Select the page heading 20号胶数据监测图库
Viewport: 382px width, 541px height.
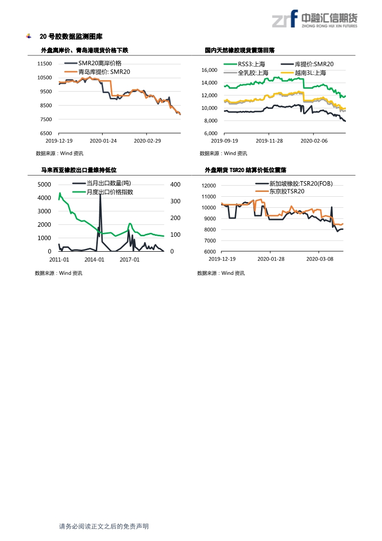pyautogui.click(x=71, y=37)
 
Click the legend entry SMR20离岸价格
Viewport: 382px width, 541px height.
pyautogui.click(x=100, y=63)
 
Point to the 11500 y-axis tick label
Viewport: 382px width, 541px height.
pyautogui.click(x=45, y=64)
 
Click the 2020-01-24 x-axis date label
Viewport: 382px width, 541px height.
pyautogui.click(x=103, y=141)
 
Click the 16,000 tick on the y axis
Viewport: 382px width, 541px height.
pyautogui.click(x=209, y=70)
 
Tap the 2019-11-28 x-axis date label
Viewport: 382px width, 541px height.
pyautogui.click(x=269, y=141)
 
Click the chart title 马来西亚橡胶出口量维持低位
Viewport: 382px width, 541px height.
pyautogui.click(x=79, y=170)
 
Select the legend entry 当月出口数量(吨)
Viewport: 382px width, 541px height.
pyautogui.click(x=108, y=183)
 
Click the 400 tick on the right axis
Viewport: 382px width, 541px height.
pyautogui.click(x=175, y=185)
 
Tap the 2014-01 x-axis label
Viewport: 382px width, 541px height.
pyautogui.click(x=94, y=259)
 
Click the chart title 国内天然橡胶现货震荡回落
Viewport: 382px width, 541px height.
pyautogui.click(x=239, y=50)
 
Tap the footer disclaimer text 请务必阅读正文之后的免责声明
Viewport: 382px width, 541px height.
pyautogui.click(x=104, y=527)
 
